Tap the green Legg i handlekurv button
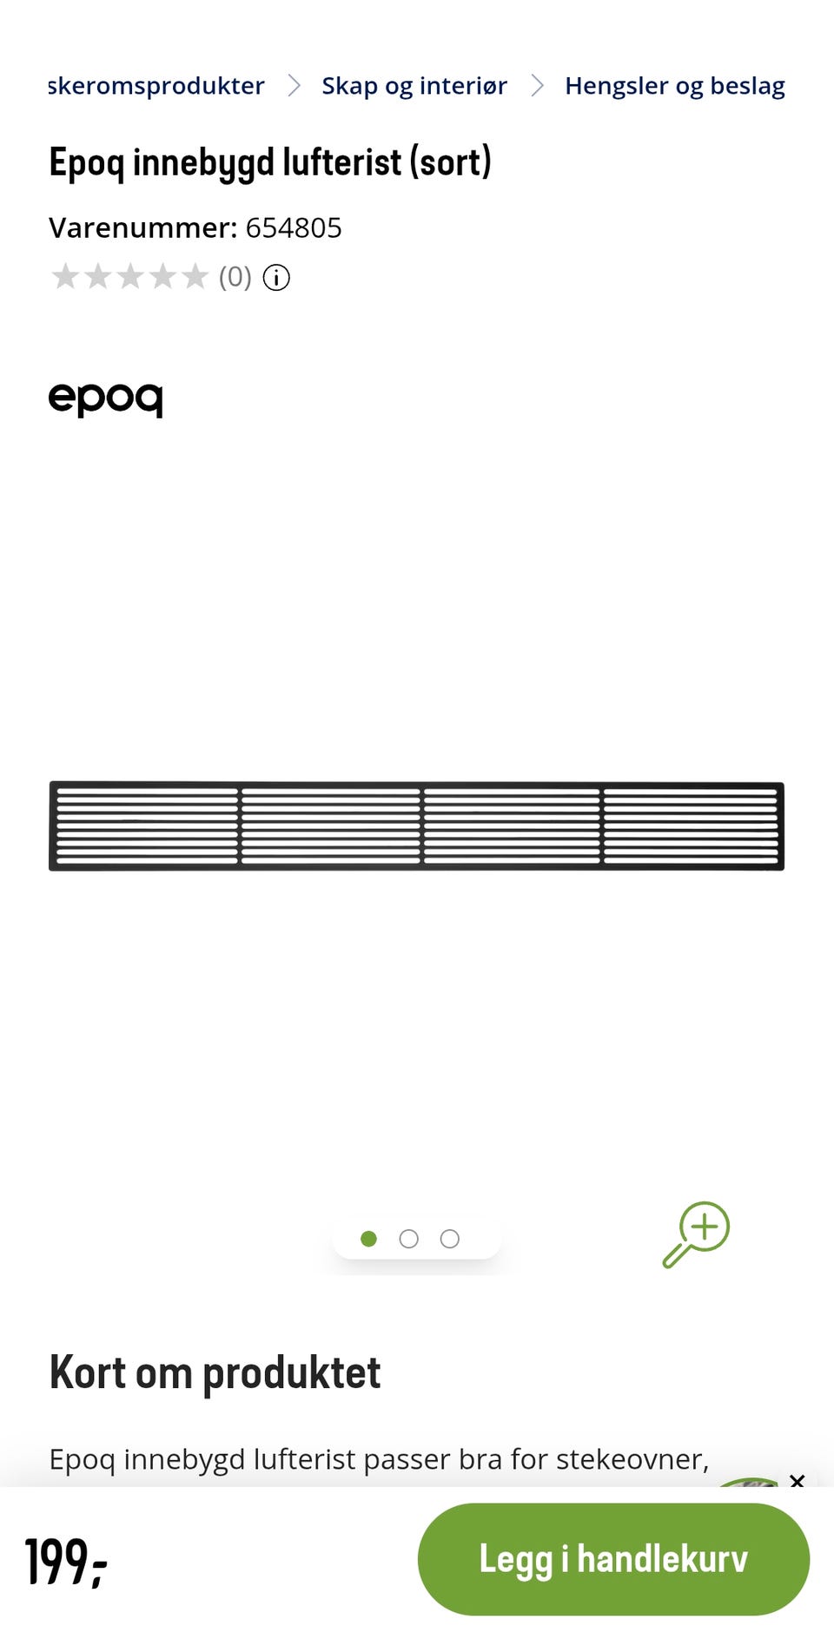point(613,1559)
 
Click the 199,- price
point(66,1562)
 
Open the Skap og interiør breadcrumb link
point(414,86)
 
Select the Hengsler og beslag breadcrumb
point(675,86)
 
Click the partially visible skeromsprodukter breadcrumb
point(156,86)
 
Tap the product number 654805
point(294,227)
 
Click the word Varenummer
point(142,227)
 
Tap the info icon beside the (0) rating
point(276,278)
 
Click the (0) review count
point(235,277)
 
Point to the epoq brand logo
point(105,399)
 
